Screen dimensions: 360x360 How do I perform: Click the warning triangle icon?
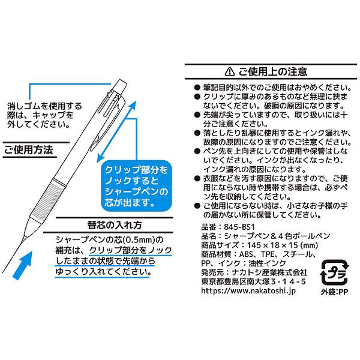point(230,71)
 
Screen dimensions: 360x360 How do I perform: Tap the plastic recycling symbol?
point(335,272)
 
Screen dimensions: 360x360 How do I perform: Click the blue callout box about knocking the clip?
point(137,186)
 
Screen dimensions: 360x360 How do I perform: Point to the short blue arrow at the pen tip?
point(23,265)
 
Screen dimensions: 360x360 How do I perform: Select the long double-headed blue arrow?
point(116,132)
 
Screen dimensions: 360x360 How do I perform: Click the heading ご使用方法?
point(28,150)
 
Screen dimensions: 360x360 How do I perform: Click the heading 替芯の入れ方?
point(115,225)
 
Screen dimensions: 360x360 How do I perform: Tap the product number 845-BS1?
point(239,227)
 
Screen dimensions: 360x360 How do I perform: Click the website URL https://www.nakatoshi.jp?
point(248,291)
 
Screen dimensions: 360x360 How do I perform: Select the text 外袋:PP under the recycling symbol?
point(335,292)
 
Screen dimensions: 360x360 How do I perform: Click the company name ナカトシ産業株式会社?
point(269,272)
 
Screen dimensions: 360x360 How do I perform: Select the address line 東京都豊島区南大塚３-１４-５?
point(253,282)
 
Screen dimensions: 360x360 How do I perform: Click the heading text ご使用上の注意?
point(272,71)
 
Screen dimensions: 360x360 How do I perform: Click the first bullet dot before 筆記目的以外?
point(197,87)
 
